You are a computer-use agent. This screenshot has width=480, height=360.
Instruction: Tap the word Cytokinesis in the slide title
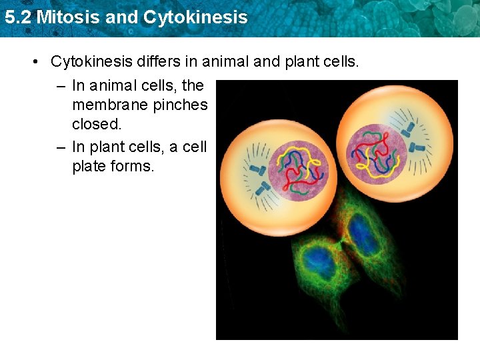point(194,17)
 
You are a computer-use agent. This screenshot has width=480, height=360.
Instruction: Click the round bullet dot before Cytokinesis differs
point(35,63)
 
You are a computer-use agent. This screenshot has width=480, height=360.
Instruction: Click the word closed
point(97,125)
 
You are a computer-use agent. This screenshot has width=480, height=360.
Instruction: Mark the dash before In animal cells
point(61,85)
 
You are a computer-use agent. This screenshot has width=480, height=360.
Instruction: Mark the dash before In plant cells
point(61,147)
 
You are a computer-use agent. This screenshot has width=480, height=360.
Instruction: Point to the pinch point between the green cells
point(342,245)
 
